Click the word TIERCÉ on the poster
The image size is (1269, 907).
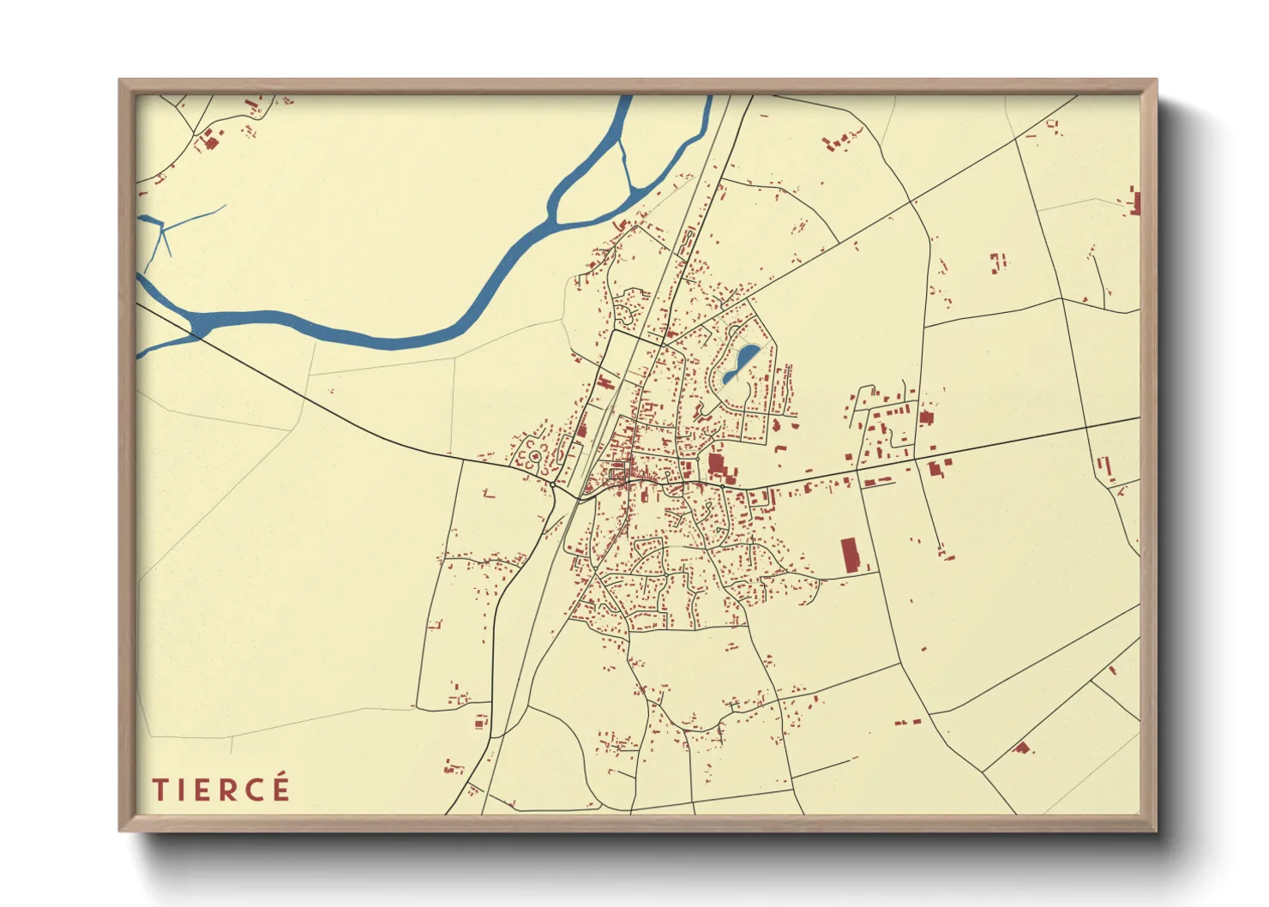coord(221,790)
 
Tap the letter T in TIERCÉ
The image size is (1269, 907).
coord(159,790)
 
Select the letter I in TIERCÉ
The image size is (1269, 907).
coord(181,790)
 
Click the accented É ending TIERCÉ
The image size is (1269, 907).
coord(281,788)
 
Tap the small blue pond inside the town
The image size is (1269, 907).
coord(740,363)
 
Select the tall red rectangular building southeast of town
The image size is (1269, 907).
coord(850,555)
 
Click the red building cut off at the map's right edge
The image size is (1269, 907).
coord(1135,202)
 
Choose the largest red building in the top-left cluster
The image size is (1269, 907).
coord(208,141)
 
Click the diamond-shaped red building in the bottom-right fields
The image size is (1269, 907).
coord(1020,748)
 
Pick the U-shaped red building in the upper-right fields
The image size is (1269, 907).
coord(997,261)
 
